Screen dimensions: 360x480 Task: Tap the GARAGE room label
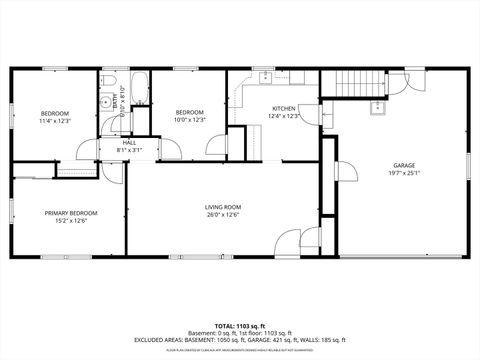[403, 165]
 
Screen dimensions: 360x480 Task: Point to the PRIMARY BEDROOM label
[71, 213]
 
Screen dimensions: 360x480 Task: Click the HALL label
[129, 143]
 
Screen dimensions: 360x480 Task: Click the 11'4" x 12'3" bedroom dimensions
[55, 121]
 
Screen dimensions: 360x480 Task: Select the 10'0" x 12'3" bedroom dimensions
[190, 120]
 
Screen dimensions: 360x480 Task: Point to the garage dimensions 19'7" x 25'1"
[403, 173]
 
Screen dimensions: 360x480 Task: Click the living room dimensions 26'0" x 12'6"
[223, 214]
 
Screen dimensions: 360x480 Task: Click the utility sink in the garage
[379, 108]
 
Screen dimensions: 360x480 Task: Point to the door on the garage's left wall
[340, 173]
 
